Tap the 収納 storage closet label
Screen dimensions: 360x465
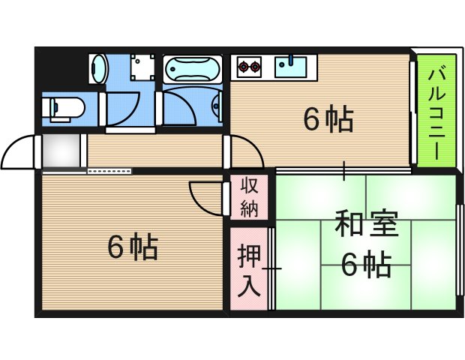[249, 197]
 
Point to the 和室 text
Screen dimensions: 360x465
[366, 224]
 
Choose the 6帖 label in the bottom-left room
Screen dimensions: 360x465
[132, 247]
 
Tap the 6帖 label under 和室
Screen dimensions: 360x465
[366, 264]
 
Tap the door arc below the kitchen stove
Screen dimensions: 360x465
[247, 154]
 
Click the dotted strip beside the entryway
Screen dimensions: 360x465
[110, 171]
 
